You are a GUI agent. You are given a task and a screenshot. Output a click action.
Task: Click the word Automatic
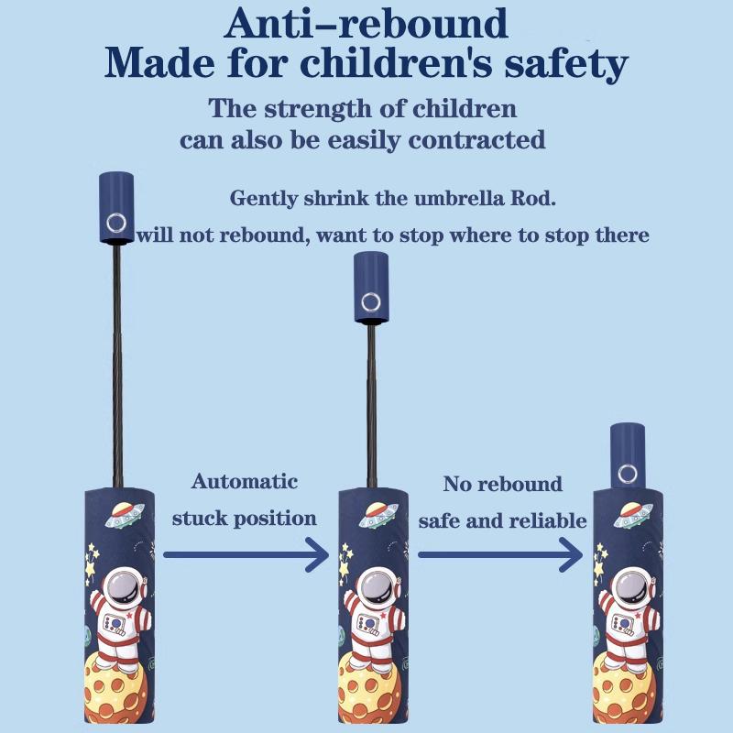pos(245,481)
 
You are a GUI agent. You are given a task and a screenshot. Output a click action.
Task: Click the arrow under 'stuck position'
pos(246,553)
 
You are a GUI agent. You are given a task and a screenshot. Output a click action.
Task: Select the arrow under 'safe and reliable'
pos(500,553)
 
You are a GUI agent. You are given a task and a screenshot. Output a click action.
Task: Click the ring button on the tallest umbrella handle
pos(116,221)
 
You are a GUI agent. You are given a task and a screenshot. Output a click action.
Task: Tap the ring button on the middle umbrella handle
pos(371,301)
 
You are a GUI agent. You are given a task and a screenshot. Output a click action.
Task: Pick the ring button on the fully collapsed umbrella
pos(628,473)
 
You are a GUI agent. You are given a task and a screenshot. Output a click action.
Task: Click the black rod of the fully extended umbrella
pos(116,366)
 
